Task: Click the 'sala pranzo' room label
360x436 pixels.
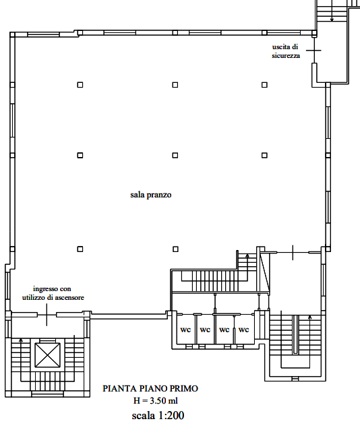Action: pyautogui.click(x=151, y=195)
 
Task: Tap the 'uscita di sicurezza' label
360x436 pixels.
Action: pyautogui.click(x=286, y=51)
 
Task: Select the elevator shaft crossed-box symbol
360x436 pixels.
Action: pyautogui.click(x=47, y=355)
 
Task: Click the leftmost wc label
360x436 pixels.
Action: pyautogui.click(x=185, y=330)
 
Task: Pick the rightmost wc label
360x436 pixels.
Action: pyautogui.click(x=244, y=330)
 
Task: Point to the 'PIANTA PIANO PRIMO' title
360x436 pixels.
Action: pyautogui.click(x=150, y=388)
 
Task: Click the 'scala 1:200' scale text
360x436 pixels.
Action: pyautogui.click(x=158, y=416)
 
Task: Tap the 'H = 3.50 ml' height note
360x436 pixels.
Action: pyautogui.click(x=156, y=401)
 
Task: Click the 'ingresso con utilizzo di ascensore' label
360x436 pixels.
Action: pyautogui.click(x=53, y=293)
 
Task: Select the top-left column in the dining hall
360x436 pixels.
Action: pyautogui.click(x=80, y=85)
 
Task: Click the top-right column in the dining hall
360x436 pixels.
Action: pyautogui.click(x=264, y=85)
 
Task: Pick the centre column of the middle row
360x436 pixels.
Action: pyautogui.click(x=175, y=155)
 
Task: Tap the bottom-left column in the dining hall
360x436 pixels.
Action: pyautogui.click(x=80, y=249)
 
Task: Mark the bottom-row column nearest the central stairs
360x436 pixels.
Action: pyautogui.click(x=175, y=249)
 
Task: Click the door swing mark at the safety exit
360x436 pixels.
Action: pyautogui.click(x=313, y=51)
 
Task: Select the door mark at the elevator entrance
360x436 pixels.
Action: pyautogui.click(x=47, y=315)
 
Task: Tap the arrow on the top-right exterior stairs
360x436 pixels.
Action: pyautogui.click(x=332, y=11)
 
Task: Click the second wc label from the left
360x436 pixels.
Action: pyautogui.click(x=205, y=330)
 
